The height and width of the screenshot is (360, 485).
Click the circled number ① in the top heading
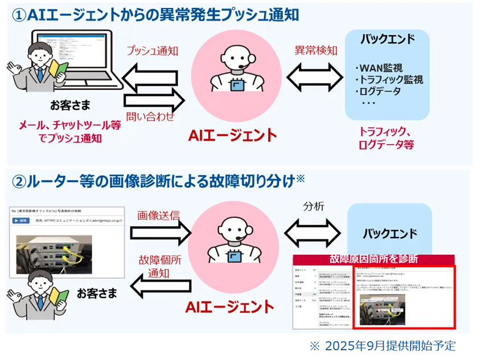(19, 15)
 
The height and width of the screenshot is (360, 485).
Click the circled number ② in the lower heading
(19, 181)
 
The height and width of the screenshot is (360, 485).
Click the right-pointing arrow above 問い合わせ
(154, 101)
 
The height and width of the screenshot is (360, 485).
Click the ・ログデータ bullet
(377, 92)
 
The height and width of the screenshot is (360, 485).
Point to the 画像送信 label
(158, 216)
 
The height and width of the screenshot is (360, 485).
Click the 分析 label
(314, 206)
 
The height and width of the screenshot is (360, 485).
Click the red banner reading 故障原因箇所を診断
(373, 259)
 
